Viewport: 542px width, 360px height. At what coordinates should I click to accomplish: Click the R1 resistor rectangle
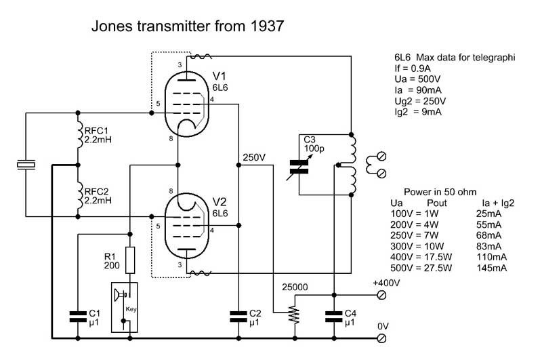click(x=129, y=259)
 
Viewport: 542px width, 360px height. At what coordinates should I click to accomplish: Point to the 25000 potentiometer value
click(x=295, y=287)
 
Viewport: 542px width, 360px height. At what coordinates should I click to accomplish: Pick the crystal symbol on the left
click(x=25, y=165)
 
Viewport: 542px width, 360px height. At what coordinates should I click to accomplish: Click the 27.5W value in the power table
click(x=440, y=268)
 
